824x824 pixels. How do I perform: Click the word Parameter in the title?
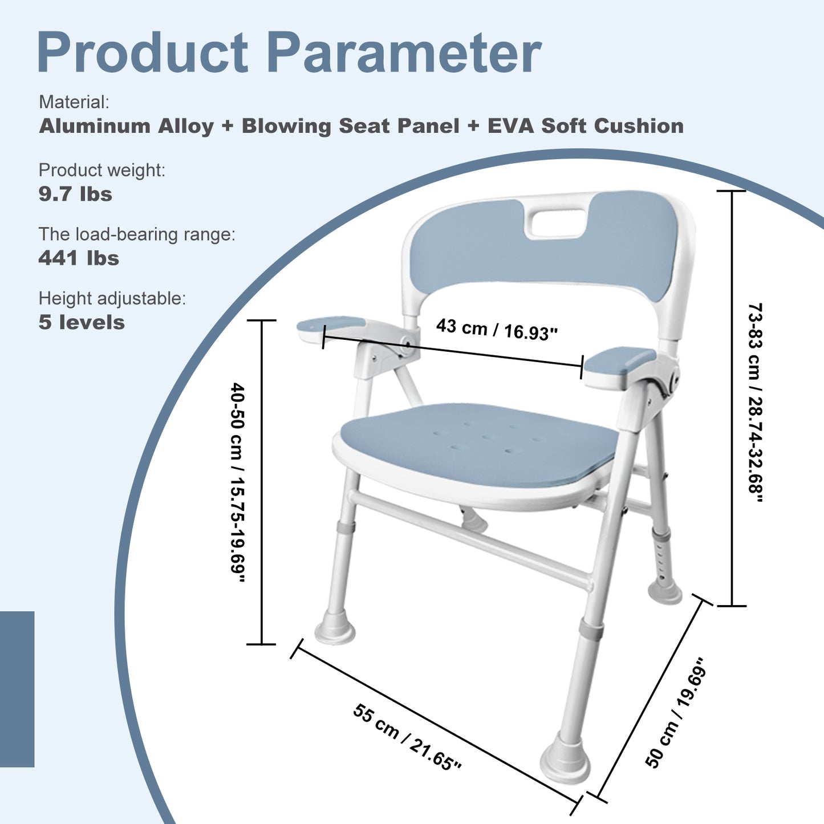(404, 53)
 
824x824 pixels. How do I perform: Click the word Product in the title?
(143, 53)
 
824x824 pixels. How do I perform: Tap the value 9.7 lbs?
(75, 194)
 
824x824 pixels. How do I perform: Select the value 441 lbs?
(79, 258)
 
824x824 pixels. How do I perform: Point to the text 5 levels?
(82, 322)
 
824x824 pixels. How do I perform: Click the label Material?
(74, 103)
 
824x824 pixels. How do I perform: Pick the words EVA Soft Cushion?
(585, 126)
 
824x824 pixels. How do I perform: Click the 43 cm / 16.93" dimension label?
(496, 329)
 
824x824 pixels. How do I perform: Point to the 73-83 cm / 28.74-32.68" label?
(755, 403)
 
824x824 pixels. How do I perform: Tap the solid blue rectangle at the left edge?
(17, 689)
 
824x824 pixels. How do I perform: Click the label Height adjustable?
(112, 298)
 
